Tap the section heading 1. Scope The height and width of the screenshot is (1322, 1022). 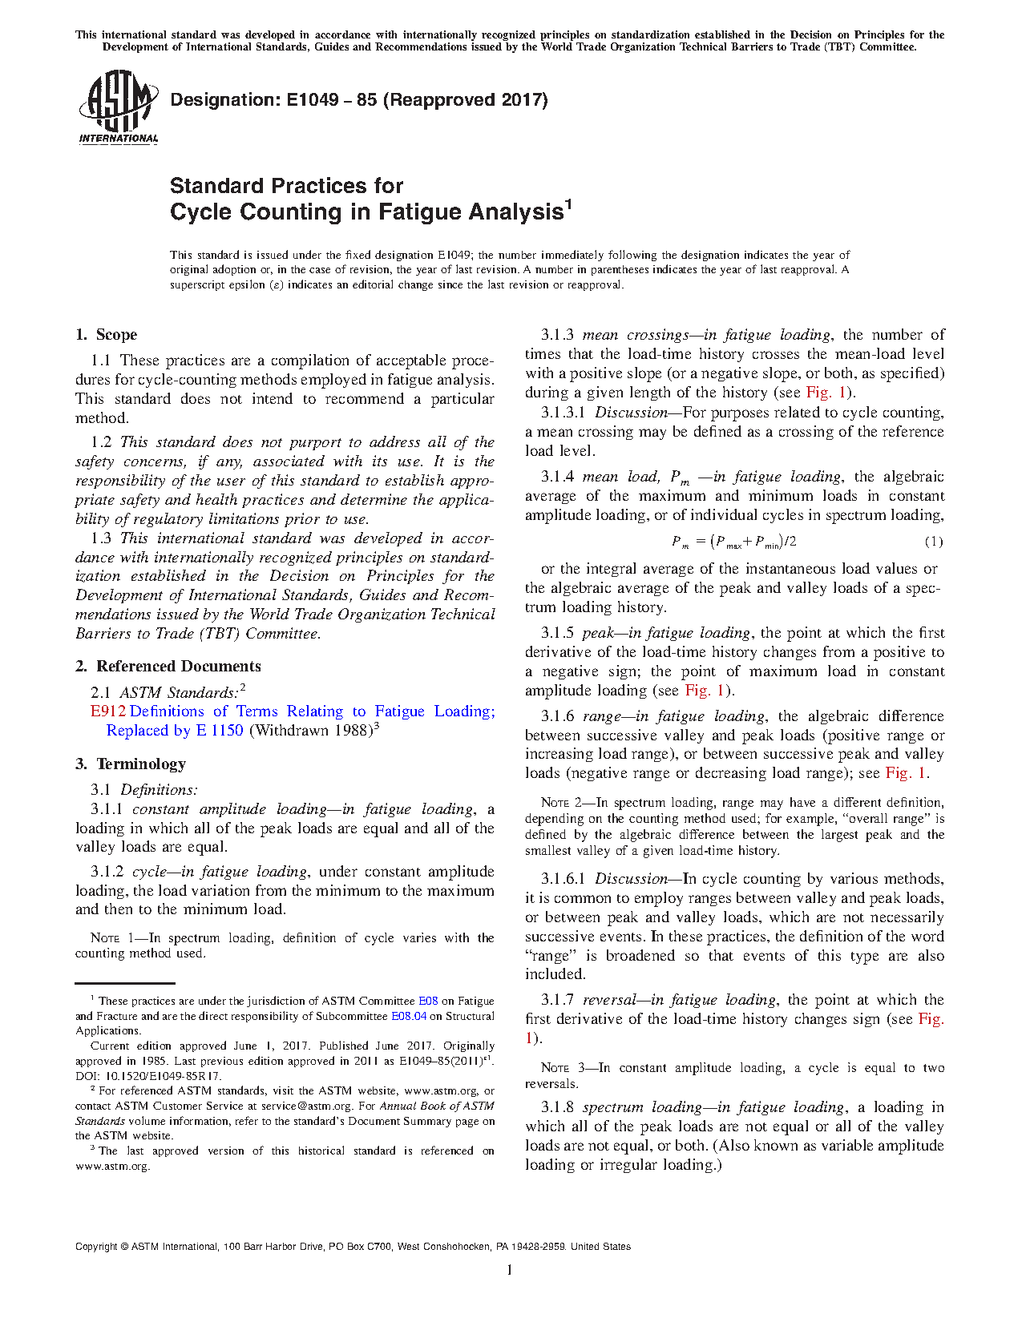(x=106, y=335)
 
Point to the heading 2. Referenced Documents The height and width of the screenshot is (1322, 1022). (x=168, y=667)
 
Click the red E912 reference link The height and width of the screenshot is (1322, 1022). (x=108, y=711)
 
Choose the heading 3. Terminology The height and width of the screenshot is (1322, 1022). (x=131, y=764)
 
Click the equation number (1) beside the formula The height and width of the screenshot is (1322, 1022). (x=934, y=542)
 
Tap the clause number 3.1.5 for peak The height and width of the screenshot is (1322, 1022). (x=557, y=633)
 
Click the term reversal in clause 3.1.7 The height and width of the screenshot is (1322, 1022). (x=612, y=1000)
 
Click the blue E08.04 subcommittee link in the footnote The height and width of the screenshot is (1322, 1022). (x=408, y=1017)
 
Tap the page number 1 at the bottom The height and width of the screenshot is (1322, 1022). (x=510, y=1270)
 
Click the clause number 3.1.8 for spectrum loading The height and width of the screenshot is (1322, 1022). (x=557, y=1107)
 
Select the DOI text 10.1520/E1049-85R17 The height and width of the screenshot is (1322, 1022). (x=163, y=1076)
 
